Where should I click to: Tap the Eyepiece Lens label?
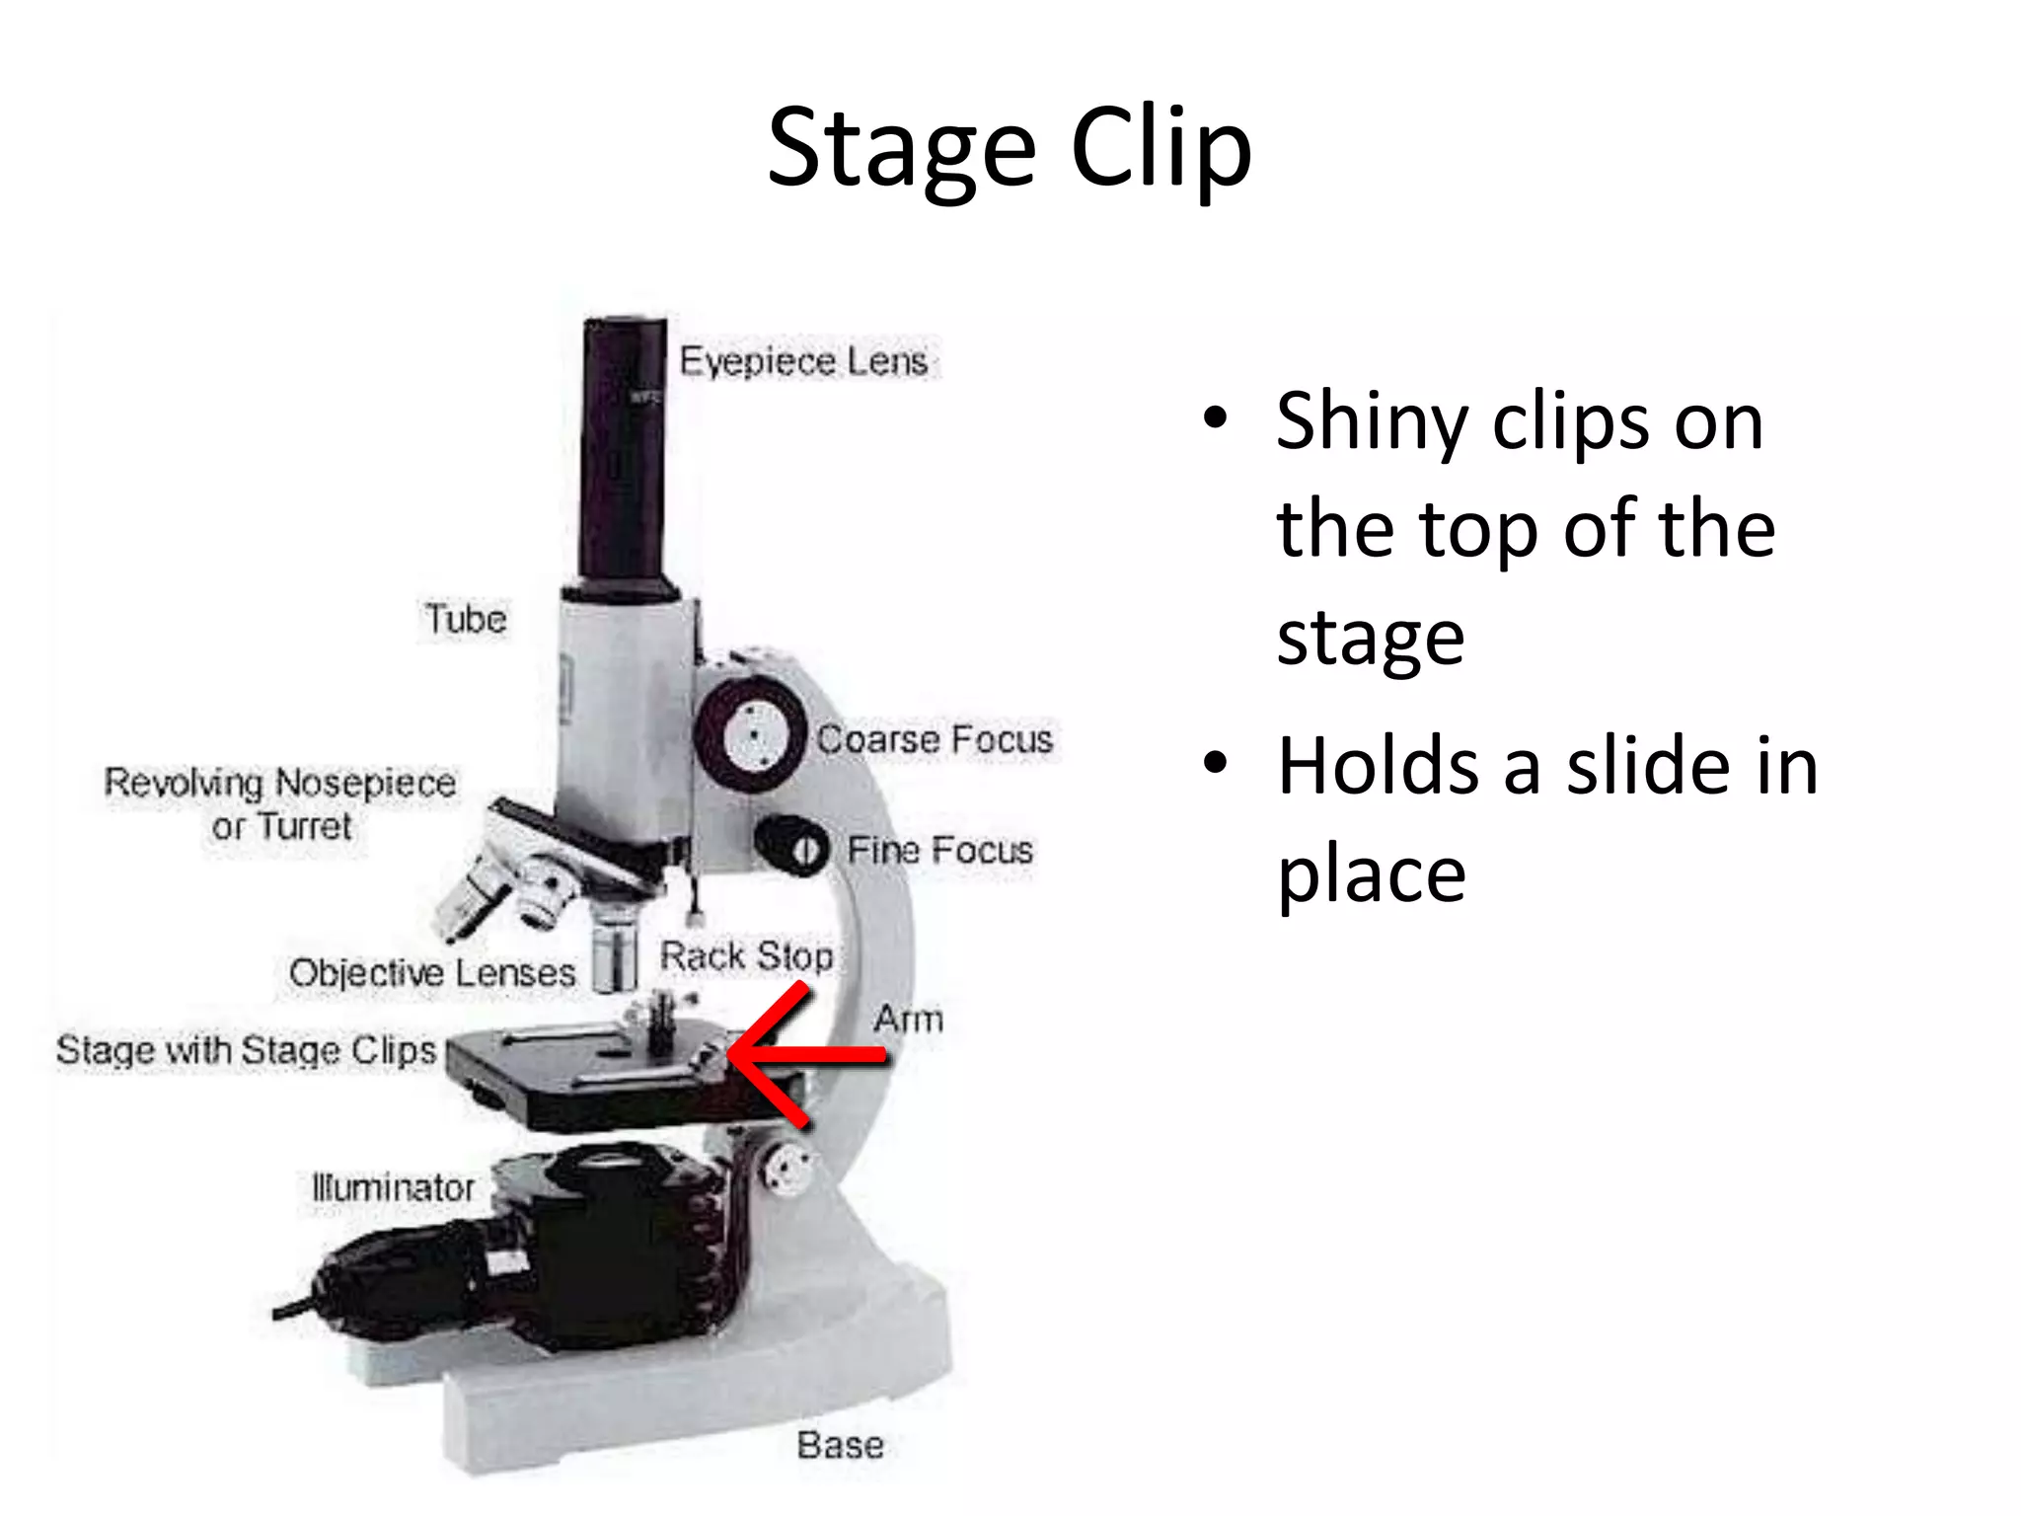[803, 361]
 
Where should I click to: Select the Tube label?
[466, 619]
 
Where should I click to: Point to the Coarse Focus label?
[935, 739]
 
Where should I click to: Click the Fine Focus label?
[939, 850]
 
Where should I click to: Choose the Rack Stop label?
[746, 955]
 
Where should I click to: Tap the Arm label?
[908, 1019]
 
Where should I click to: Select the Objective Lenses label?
[432, 973]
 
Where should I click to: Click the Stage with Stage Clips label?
[246, 1050]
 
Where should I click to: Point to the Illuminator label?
[393, 1187]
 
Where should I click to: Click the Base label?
[840, 1445]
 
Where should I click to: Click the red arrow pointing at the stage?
[799, 1054]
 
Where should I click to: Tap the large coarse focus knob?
[754, 735]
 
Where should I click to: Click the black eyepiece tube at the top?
[624, 454]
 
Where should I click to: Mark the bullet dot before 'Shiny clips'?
[1216, 418]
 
